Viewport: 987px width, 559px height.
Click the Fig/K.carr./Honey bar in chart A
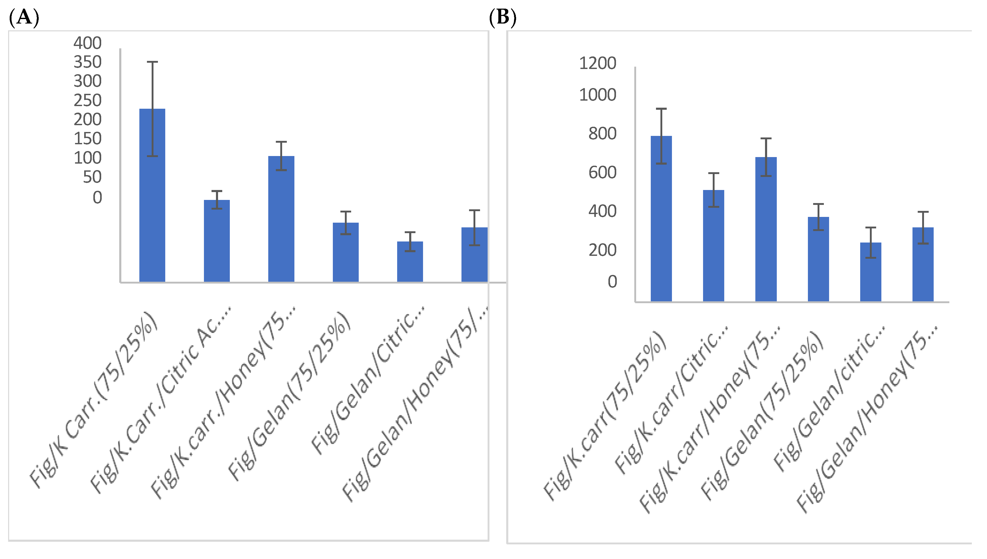point(281,219)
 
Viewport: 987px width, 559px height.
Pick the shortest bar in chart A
point(410,262)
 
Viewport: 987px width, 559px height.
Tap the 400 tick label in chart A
point(88,43)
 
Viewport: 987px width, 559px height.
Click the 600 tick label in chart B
point(602,173)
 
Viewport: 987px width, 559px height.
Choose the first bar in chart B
point(661,219)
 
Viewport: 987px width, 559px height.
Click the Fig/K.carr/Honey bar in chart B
point(766,229)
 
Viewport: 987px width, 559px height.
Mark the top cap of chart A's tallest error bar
point(152,62)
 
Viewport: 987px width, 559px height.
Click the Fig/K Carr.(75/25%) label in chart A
point(94,399)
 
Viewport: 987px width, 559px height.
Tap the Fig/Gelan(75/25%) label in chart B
point(762,415)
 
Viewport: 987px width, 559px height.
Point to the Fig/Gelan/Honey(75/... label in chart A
point(415,403)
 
